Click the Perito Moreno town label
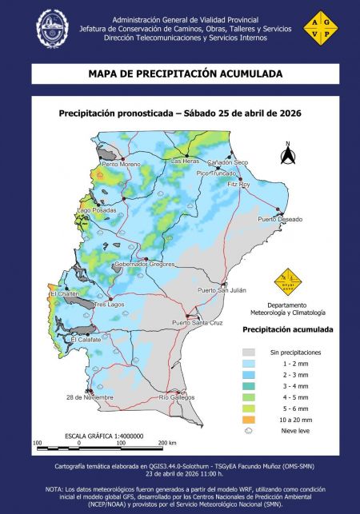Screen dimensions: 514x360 click(x=121, y=164)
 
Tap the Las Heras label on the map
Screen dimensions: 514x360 click(x=186, y=161)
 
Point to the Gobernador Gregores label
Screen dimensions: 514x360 click(x=144, y=263)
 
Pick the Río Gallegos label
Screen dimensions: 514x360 click(x=177, y=397)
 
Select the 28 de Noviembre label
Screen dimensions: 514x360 click(x=89, y=397)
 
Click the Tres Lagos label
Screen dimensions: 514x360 click(x=110, y=305)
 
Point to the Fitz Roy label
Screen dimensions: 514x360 click(x=238, y=185)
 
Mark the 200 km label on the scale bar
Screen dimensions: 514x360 click(x=167, y=442)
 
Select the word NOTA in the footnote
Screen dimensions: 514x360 click(x=55, y=488)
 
